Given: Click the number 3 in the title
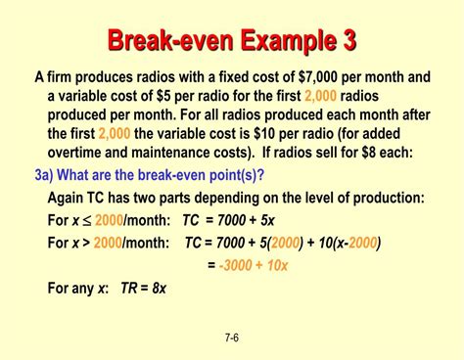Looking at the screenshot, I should click(348, 40).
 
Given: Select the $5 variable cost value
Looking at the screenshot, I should click(172, 95).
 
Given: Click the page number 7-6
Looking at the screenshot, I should click(231, 337).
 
